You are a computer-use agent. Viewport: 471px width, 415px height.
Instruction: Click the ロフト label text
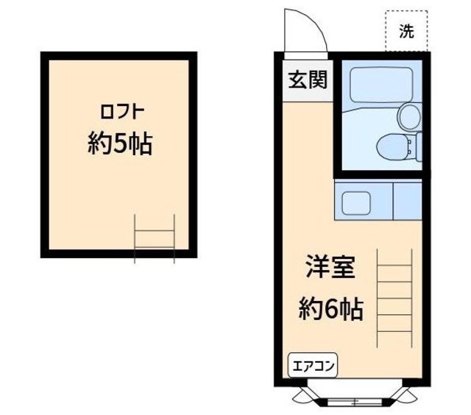coord(121,113)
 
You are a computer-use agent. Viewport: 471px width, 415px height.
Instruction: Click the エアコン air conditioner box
coord(311,366)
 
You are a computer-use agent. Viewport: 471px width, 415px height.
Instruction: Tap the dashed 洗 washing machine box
coord(406,32)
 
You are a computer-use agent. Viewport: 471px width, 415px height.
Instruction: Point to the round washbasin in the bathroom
coord(408,115)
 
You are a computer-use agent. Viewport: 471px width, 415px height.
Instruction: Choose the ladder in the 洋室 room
coord(394,298)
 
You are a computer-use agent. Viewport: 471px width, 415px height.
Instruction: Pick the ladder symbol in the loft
coord(155,238)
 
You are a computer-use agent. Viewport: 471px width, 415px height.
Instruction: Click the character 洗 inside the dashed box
coord(406,32)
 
